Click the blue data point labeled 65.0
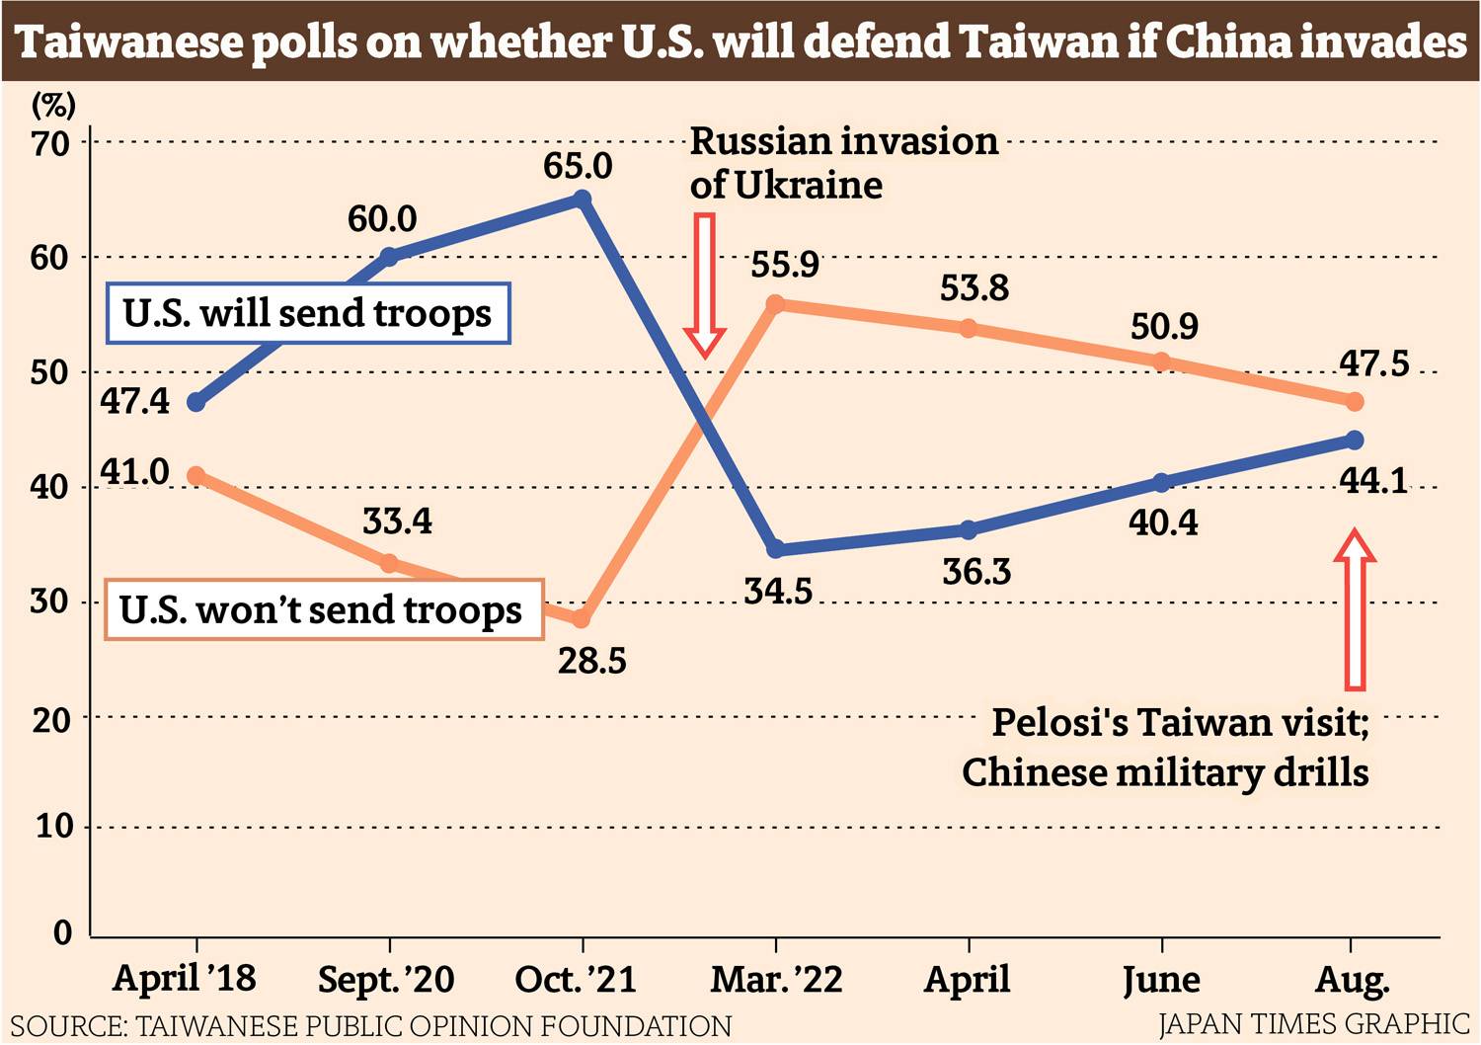click(582, 200)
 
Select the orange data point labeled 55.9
click(775, 304)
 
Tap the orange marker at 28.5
click(581, 619)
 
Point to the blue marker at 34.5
click(775, 549)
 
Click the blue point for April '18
click(195, 402)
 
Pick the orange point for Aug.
click(1355, 402)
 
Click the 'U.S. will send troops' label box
click(307, 313)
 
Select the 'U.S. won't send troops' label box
click(323, 609)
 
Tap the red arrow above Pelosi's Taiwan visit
click(1355, 609)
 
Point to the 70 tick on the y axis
click(50, 144)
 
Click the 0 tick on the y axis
click(62, 932)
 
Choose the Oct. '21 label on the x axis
click(576, 980)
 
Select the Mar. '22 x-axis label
click(777, 980)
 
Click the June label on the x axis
click(1161, 980)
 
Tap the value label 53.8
click(974, 288)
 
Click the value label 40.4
click(1163, 522)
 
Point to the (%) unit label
click(53, 104)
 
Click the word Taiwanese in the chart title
click(128, 41)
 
